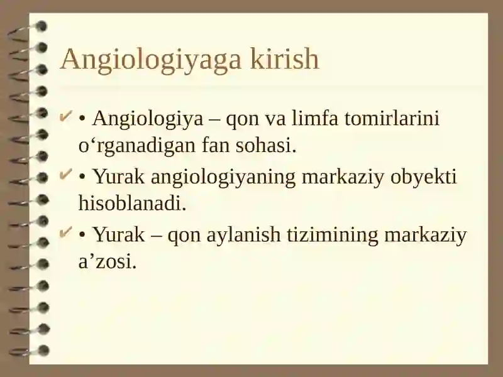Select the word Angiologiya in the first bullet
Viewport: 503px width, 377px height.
(148, 119)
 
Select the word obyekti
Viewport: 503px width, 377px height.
(423, 178)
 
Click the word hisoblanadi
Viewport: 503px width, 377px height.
(133, 203)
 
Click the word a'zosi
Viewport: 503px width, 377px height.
(108, 261)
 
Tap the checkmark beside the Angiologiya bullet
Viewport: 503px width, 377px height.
(65, 117)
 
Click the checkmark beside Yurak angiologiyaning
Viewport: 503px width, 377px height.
(65, 175)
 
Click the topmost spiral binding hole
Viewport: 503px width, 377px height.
(41, 26)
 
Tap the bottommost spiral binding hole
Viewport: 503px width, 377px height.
(43, 351)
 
